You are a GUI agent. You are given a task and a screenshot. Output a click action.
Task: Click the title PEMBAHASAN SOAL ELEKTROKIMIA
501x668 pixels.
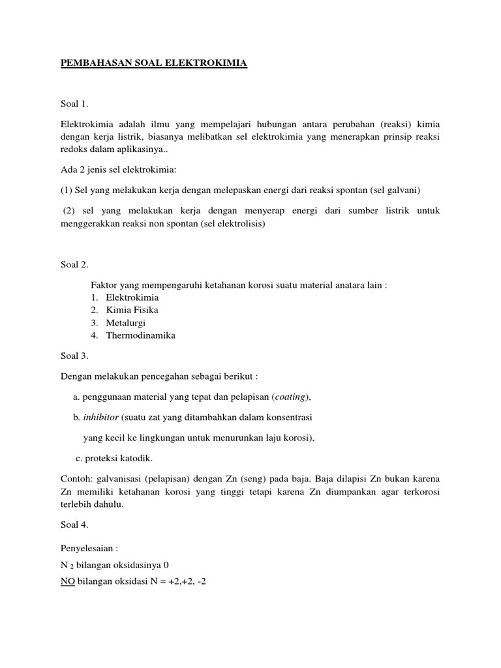[153, 63]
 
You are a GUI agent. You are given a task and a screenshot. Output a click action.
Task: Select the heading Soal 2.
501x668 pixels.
[74, 265]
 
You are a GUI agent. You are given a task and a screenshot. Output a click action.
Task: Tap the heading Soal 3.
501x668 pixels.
[74, 356]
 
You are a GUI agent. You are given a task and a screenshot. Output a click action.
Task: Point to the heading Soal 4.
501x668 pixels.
[74, 523]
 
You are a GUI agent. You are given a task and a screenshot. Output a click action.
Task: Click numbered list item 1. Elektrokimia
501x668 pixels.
[132, 297]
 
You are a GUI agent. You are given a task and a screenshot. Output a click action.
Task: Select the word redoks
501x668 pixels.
[75, 149]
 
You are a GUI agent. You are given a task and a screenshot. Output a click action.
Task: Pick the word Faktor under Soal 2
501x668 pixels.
[103, 284]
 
